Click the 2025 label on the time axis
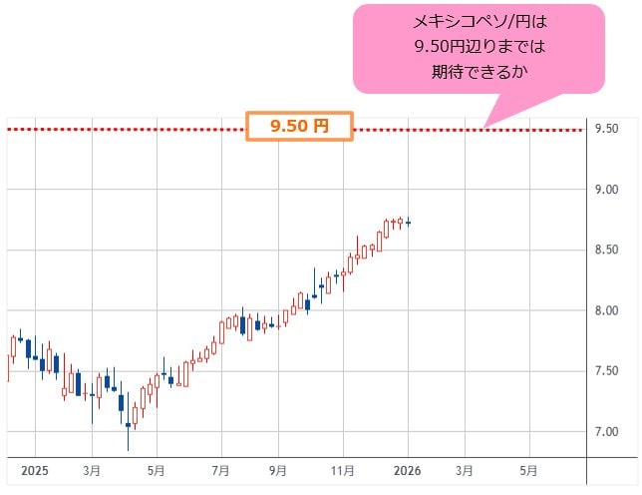tap(34, 470)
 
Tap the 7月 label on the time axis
tap(221, 470)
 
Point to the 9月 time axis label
tap(279, 470)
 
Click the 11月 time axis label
tap(343, 470)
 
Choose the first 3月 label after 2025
tap(92, 470)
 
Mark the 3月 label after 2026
tap(465, 470)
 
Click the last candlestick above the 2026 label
tap(409, 223)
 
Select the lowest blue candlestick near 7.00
tap(129, 426)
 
